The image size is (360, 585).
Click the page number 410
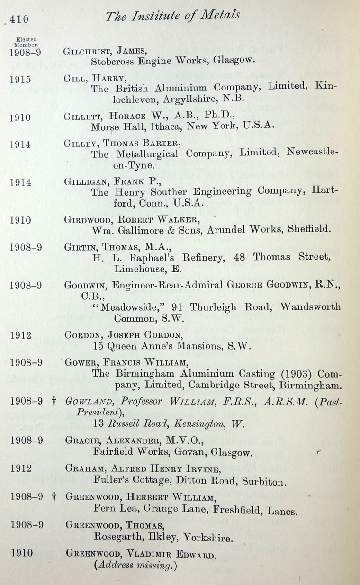pos(18,19)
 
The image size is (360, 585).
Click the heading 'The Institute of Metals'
pos(172,17)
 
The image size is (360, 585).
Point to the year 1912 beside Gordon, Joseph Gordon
pos(20,335)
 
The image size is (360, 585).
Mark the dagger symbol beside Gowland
pos(54,402)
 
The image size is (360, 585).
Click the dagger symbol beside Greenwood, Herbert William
pos(54,497)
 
